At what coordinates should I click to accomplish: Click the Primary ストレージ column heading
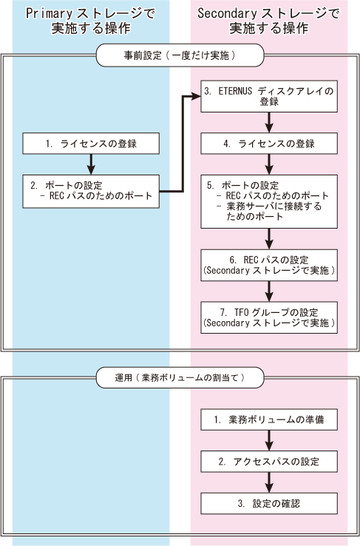point(91,21)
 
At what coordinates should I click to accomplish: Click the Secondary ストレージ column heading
point(268,21)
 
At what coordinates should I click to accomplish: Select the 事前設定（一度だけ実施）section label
point(180,55)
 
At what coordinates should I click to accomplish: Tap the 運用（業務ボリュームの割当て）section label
point(180,377)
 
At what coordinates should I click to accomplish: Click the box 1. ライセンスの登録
point(91,144)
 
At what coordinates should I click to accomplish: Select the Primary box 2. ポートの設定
point(91,192)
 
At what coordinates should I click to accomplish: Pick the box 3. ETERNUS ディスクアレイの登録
point(269,96)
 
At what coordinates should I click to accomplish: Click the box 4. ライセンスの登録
point(269,144)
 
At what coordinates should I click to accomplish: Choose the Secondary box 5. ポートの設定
point(269,202)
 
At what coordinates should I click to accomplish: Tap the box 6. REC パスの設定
point(269,266)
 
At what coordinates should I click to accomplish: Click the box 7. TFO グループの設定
point(269,317)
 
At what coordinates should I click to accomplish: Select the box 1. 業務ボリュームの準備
point(269,419)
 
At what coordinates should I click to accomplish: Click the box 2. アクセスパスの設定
point(269,462)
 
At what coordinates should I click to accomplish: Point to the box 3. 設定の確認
point(269,504)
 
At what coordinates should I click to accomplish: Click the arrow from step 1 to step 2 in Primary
point(91,164)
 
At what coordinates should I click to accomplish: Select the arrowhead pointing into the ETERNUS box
point(197,96)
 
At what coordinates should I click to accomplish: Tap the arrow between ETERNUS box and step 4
point(269,122)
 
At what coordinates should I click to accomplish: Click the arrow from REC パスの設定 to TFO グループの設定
point(269,291)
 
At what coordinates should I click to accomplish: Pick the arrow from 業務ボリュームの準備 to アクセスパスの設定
point(269,440)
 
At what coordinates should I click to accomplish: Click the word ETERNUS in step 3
point(235,91)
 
